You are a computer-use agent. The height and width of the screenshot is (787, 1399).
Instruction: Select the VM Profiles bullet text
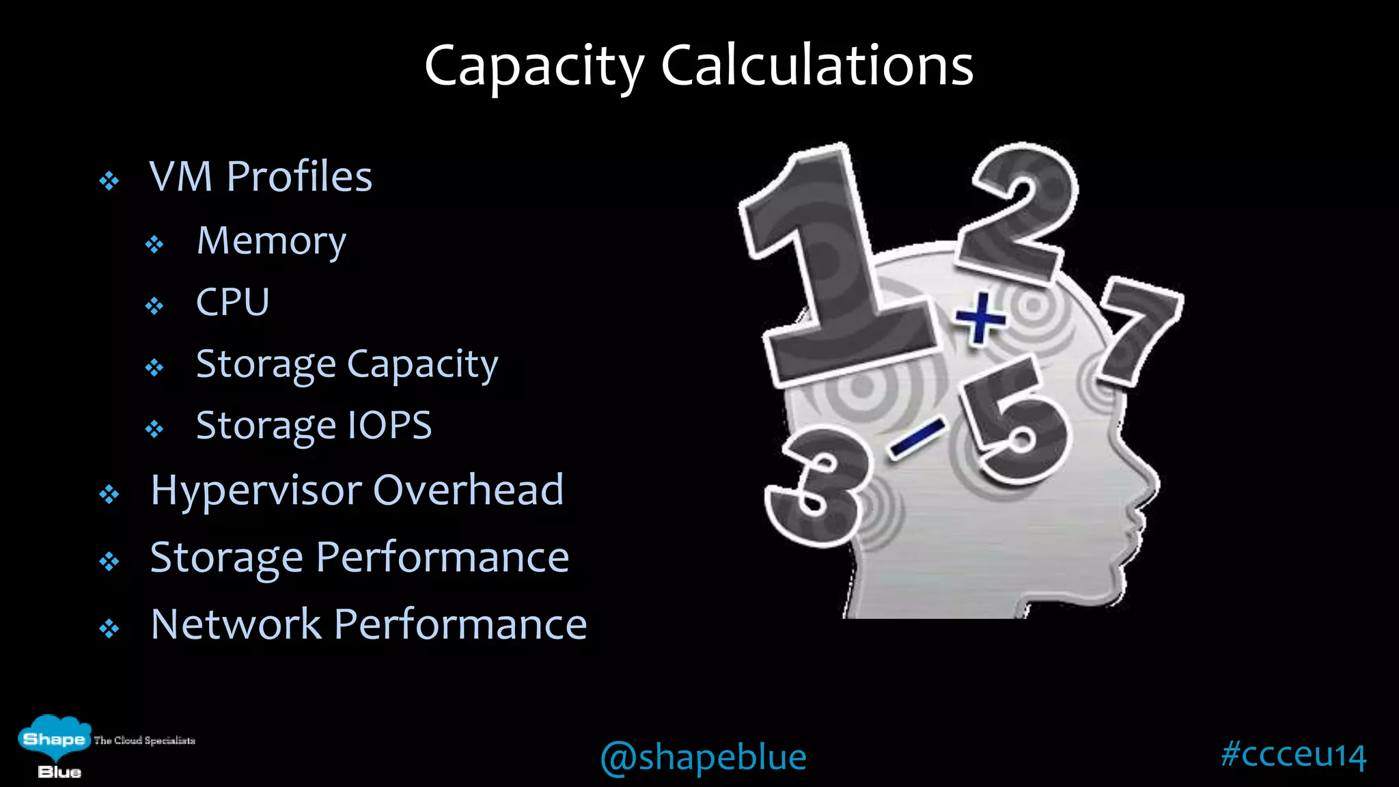[260, 176]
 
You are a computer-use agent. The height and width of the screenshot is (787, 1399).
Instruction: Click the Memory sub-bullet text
[271, 241]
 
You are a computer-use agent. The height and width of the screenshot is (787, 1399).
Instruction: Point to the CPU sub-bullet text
[232, 302]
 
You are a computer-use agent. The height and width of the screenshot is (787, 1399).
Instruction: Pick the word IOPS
[389, 425]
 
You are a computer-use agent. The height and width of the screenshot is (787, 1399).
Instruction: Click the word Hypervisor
[257, 491]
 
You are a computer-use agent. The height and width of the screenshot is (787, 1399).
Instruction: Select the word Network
[236, 624]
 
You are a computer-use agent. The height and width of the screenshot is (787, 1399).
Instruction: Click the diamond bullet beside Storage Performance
[109, 562]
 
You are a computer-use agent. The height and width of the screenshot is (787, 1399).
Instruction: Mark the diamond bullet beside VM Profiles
[109, 181]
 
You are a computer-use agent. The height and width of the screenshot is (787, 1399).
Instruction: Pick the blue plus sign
[980, 317]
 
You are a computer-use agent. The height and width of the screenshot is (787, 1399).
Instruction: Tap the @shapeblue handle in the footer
[703, 757]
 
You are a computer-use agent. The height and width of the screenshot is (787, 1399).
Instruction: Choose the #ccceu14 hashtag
[1293, 754]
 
